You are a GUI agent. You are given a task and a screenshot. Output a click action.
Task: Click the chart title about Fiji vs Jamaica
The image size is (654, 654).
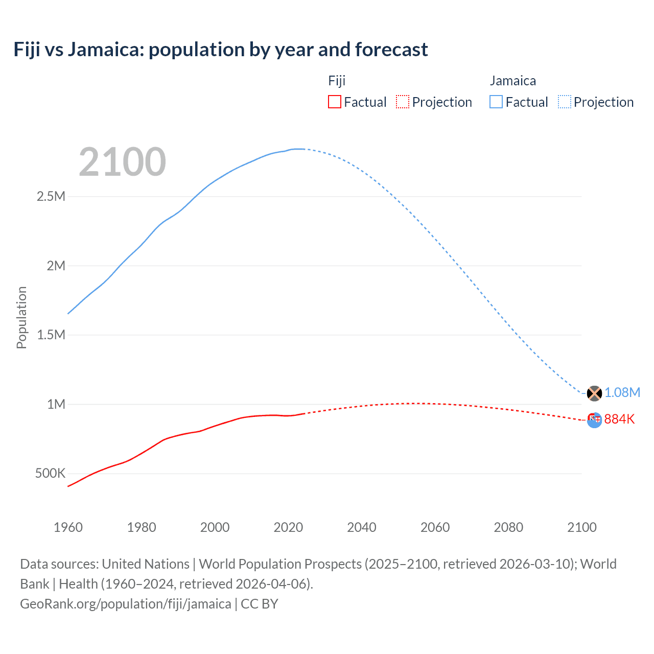pyautogui.click(x=221, y=50)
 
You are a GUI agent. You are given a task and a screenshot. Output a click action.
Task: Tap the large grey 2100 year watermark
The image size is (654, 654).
pyautogui.click(x=122, y=162)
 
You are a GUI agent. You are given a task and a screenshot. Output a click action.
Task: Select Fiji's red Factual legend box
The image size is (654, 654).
pyautogui.click(x=334, y=102)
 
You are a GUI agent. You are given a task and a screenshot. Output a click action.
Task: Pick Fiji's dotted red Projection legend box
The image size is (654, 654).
pyautogui.click(x=403, y=102)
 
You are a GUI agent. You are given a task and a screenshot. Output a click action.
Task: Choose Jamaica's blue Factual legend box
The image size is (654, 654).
pyautogui.click(x=496, y=102)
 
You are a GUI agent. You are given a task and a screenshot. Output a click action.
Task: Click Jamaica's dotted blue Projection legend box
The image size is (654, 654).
pyautogui.click(x=565, y=102)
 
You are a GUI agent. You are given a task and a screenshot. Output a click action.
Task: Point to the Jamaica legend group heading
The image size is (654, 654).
pyautogui.click(x=512, y=81)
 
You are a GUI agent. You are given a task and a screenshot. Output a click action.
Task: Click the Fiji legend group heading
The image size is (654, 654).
pyautogui.click(x=337, y=81)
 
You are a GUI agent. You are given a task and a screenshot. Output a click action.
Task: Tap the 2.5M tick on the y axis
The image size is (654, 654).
pyautogui.click(x=51, y=197)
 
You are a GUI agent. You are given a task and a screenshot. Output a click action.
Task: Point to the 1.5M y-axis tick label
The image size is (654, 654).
pyautogui.click(x=51, y=335)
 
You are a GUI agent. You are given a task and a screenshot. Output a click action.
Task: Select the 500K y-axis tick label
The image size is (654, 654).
pyautogui.click(x=50, y=474)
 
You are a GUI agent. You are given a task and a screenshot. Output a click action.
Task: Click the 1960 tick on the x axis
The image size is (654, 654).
pyautogui.click(x=68, y=527)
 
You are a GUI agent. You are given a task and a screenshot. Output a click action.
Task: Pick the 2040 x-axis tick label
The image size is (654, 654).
pyautogui.click(x=362, y=527)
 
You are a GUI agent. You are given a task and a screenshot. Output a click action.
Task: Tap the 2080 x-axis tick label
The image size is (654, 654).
pyautogui.click(x=508, y=527)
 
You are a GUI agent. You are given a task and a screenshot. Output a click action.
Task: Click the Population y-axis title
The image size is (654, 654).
pyautogui.click(x=21, y=317)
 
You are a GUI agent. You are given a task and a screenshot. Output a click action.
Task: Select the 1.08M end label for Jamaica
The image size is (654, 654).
pyautogui.click(x=622, y=392)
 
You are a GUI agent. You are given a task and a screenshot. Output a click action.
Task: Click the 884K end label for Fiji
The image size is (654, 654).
pyautogui.click(x=619, y=419)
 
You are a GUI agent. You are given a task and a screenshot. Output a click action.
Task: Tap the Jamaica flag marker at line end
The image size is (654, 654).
pyautogui.click(x=594, y=393)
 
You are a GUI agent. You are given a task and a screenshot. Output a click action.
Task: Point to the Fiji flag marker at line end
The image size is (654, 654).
pyautogui.click(x=594, y=420)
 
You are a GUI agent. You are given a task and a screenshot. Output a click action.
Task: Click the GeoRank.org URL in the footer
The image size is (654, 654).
pyautogui.click(x=126, y=604)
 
